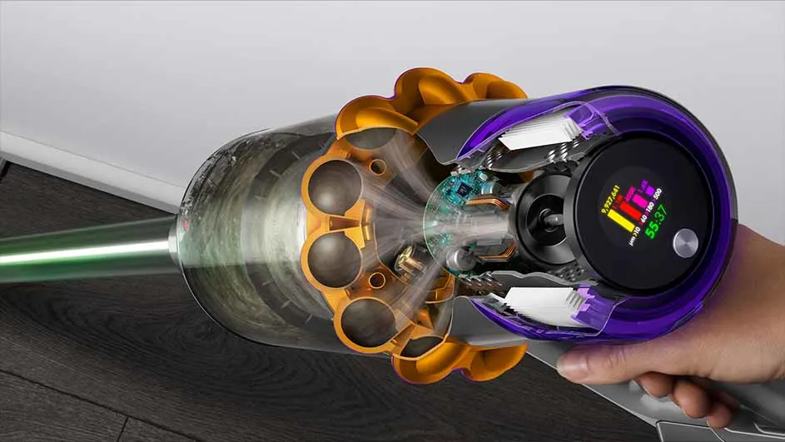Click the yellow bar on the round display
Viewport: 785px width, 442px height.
point(620,220)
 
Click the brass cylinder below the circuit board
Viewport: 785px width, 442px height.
point(407,264)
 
